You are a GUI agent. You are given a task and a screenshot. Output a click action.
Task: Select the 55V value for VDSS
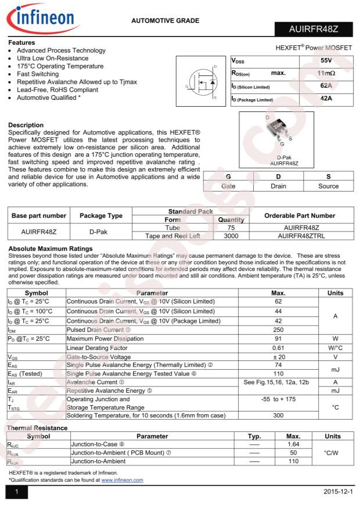(326, 60)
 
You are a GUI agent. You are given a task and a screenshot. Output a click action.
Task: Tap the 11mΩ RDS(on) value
(326, 74)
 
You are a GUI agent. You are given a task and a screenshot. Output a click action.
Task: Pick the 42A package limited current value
(326, 99)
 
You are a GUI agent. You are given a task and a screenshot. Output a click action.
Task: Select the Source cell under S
(328, 186)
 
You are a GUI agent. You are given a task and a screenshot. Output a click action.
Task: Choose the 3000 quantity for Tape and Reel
(231, 236)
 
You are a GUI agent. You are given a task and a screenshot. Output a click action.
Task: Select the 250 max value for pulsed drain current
(278, 330)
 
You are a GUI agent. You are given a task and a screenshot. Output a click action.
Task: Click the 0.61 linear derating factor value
(278, 348)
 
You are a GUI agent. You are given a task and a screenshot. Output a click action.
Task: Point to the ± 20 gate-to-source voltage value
(278, 358)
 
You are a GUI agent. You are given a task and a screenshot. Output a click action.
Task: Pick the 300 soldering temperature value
(278, 416)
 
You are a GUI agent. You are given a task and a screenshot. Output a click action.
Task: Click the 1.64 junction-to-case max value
(293, 444)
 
